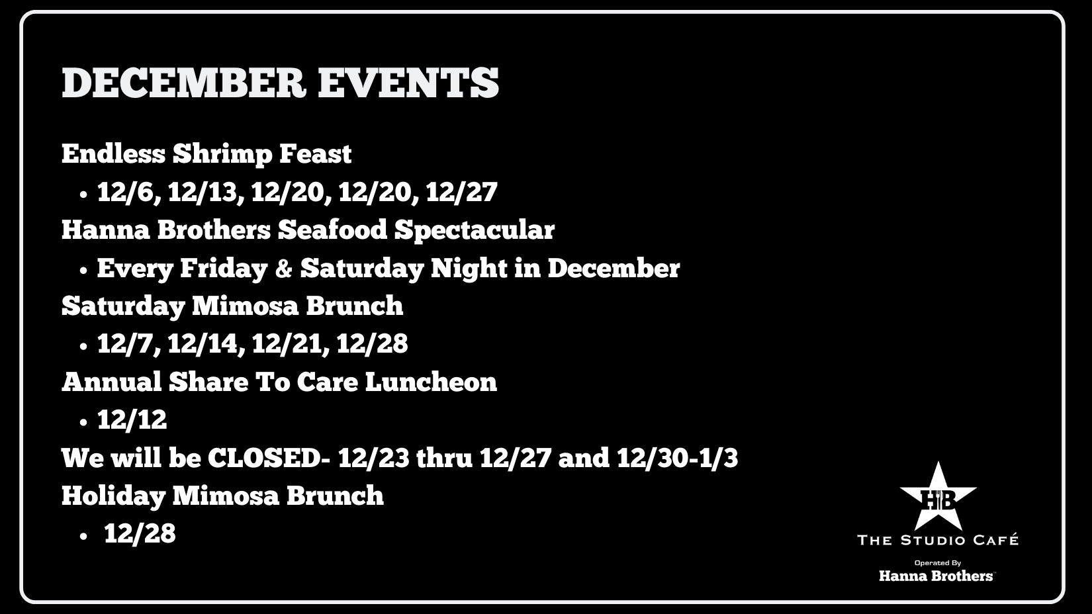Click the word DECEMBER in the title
click(183, 82)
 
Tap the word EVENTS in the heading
click(408, 82)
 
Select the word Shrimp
click(222, 155)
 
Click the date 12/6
click(129, 192)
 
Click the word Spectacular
click(475, 231)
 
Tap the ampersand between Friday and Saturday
click(284, 269)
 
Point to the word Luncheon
click(431, 382)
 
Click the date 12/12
click(132, 419)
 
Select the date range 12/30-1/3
click(677, 458)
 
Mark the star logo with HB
click(937, 497)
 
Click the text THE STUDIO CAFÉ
click(937, 540)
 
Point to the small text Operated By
click(937, 563)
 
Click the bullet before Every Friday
click(83, 271)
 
